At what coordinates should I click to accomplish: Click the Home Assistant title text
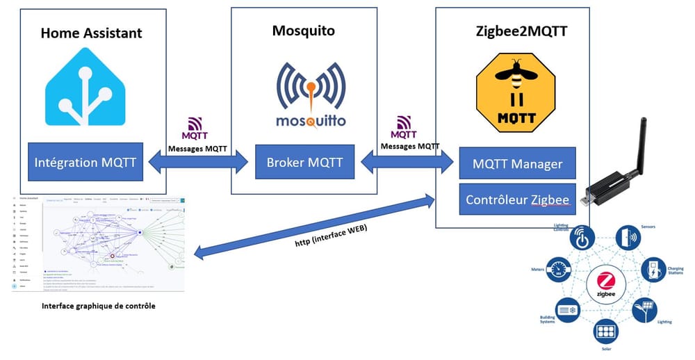(91, 33)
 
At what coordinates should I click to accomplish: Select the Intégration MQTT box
(85, 163)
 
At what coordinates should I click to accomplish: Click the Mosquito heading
(304, 31)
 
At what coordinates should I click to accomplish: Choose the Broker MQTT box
(304, 163)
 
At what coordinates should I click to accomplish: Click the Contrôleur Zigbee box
(517, 200)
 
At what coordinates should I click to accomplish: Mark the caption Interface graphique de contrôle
(99, 306)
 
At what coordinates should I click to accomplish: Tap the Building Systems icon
(565, 309)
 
